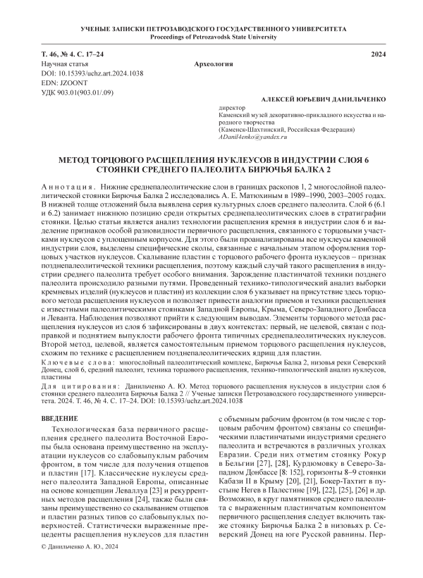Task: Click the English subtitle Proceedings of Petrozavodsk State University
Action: [211, 35]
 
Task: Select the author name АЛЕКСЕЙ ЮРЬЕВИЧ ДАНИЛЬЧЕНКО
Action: [321, 102]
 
